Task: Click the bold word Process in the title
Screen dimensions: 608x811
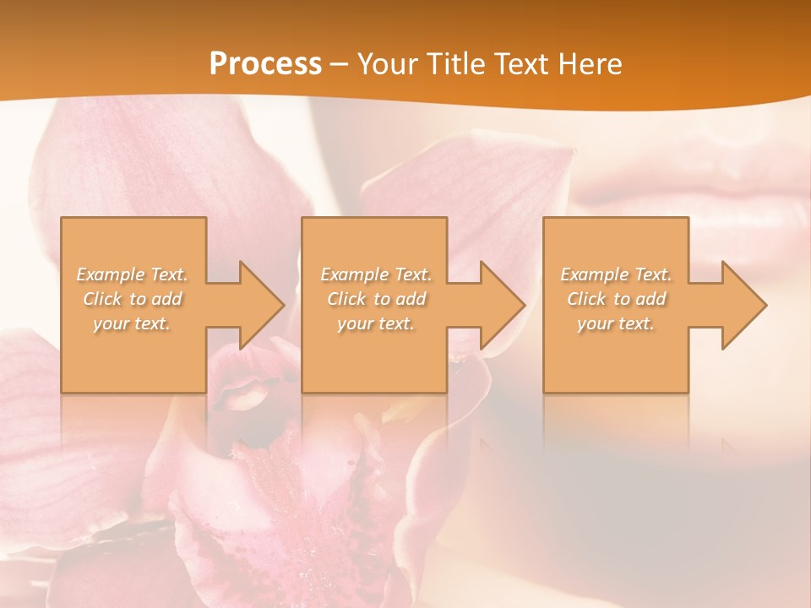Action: [265, 64]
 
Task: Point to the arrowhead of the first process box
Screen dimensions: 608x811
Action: [259, 305]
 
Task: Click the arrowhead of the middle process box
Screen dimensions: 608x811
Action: [500, 305]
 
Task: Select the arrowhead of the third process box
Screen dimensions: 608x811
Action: [742, 305]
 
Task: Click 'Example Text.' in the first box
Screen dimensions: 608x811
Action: [133, 274]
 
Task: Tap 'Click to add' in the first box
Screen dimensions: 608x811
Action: [133, 299]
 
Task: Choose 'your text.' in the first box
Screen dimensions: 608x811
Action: [133, 323]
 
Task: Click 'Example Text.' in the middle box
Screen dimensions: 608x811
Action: [376, 274]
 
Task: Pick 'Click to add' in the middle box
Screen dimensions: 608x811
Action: [376, 299]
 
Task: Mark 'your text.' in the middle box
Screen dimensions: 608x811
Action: [376, 323]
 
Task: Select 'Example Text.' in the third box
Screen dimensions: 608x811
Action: [616, 274]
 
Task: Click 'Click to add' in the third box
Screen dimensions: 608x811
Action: [616, 299]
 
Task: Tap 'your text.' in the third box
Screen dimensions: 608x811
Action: [616, 323]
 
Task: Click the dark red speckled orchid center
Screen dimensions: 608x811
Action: [279, 473]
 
